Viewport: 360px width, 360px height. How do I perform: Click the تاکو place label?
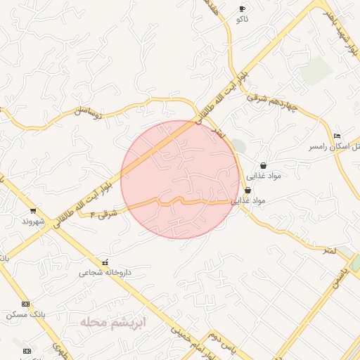coord(243,20)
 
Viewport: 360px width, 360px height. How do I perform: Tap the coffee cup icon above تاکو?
coord(243,9)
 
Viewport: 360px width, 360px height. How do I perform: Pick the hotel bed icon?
coord(337,136)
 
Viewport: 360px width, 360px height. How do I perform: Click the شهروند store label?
coord(33,221)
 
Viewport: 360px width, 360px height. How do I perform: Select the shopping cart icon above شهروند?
coord(33,210)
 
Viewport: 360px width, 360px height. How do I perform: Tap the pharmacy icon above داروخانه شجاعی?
coord(105,262)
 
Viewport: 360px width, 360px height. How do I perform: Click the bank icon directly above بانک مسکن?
coord(26,304)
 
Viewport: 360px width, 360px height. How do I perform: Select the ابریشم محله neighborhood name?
coord(112,323)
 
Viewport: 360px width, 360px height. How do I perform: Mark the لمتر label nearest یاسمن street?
coord(326,250)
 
